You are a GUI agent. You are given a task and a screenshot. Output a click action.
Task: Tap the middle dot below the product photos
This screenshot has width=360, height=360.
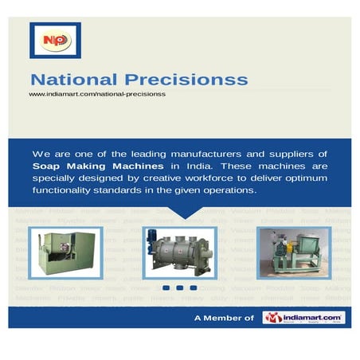(x=179, y=288)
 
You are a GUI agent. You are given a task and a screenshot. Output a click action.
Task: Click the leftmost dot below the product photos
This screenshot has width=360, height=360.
(x=167, y=288)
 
